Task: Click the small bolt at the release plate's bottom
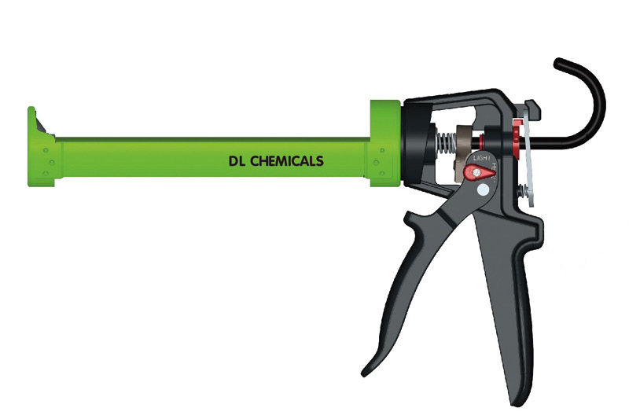518,190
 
